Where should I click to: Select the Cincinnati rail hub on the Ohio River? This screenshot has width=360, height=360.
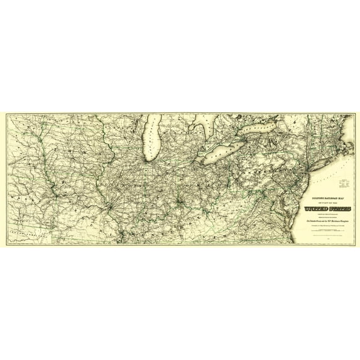click(181, 202)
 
